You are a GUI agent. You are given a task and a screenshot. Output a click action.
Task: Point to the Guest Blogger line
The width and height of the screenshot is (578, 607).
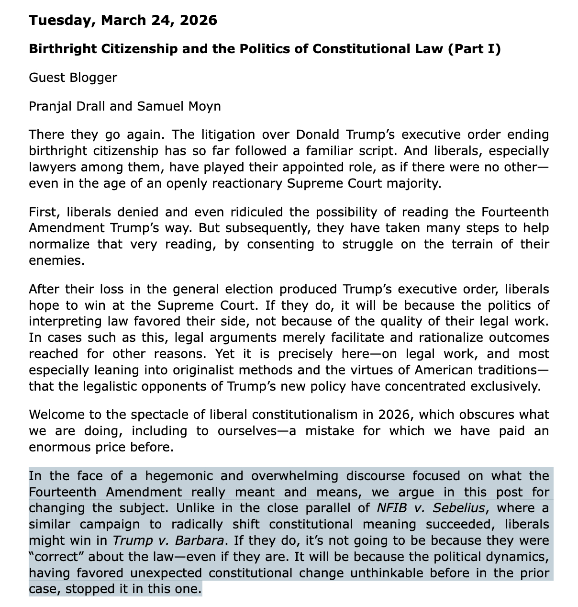click(x=73, y=78)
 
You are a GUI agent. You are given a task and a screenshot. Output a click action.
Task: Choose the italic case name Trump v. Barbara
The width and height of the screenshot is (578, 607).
click(x=168, y=541)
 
